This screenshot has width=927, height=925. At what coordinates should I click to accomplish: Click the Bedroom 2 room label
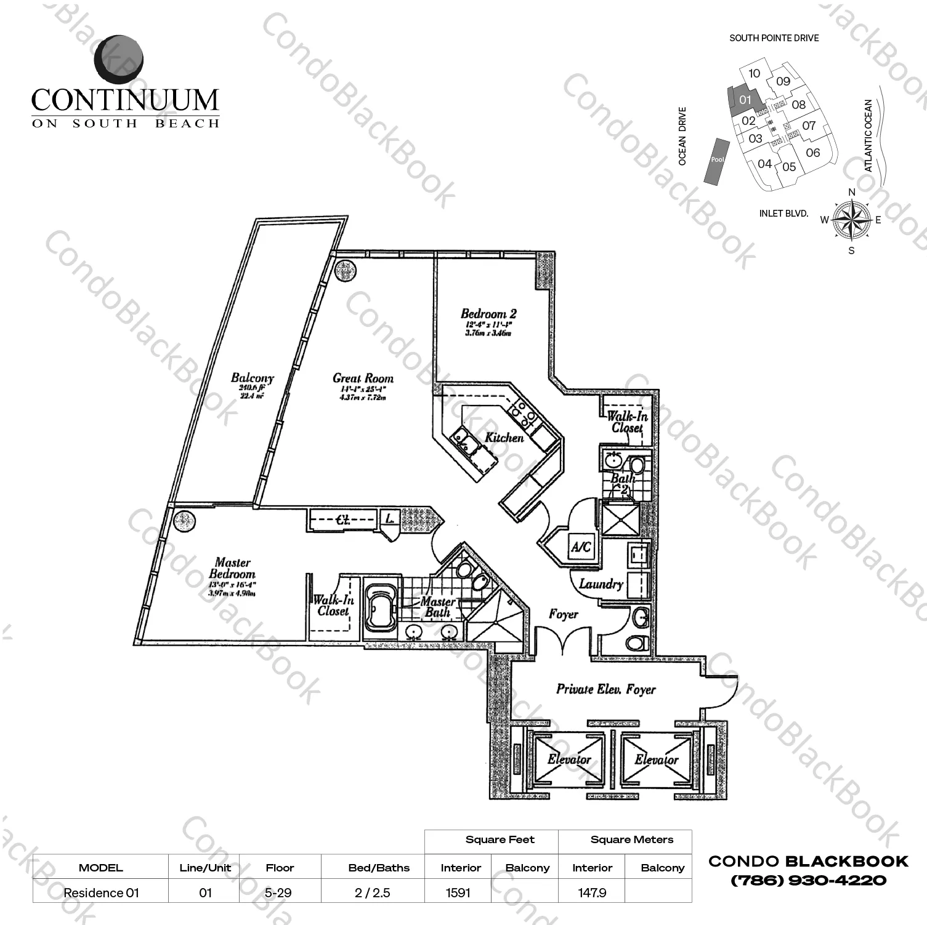coord(488,314)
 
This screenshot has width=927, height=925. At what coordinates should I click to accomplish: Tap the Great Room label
coord(363,378)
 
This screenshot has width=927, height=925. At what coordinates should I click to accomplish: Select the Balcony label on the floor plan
coord(252,378)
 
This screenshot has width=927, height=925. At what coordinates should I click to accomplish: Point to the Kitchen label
coord(504,438)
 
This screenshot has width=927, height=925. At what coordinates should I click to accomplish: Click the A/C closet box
coord(580,546)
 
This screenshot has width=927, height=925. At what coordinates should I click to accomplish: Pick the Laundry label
coord(601,583)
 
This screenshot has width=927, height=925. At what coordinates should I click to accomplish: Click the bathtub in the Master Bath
coord(380,607)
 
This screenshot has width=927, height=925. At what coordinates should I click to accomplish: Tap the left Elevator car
coord(569,760)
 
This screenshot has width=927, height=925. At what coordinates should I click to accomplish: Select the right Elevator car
coord(657,760)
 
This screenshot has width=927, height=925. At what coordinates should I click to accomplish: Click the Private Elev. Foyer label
coord(605,689)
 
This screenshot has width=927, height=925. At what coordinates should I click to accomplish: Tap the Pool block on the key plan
coord(717,160)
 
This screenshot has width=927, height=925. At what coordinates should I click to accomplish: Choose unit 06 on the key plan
coord(812,152)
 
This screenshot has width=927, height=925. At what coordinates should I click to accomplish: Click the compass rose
coord(851,220)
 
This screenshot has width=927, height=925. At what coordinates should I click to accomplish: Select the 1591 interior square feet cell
coord(458,892)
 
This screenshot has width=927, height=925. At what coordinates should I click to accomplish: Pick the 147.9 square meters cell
coord(591,892)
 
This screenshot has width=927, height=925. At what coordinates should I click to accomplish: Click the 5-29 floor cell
coord(279,892)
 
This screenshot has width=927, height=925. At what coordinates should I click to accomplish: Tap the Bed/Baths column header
coord(378,868)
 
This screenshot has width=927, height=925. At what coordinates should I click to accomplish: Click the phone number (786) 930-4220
coord(808,881)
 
